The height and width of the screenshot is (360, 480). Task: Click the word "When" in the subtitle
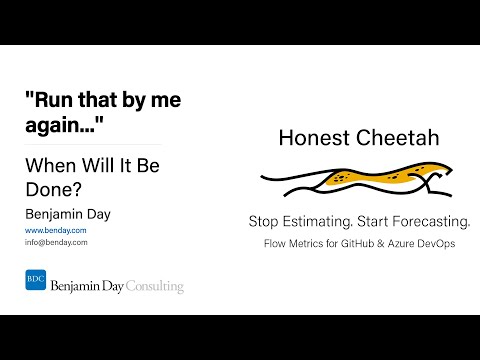pos(50,165)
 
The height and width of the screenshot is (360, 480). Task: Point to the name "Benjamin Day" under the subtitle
pos(68,212)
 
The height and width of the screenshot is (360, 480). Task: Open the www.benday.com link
pos(55,230)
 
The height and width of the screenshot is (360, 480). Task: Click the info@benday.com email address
pos(56,242)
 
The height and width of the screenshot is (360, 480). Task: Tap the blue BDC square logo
pos(35,280)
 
